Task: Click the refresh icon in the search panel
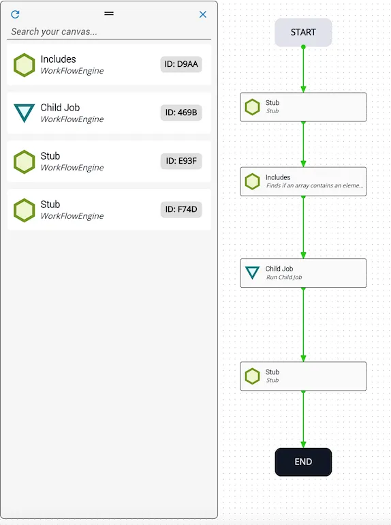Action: click(15, 14)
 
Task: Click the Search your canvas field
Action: click(109, 32)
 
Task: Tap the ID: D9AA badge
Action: click(181, 64)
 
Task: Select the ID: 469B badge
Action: click(181, 112)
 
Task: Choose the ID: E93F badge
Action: click(181, 161)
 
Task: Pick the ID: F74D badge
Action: click(181, 209)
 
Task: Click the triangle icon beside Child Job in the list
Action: click(24, 112)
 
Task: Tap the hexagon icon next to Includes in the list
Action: click(24, 65)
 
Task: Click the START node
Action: click(303, 32)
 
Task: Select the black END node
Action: click(303, 462)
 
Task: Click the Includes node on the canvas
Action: click(303, 181)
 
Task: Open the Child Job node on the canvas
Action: click(303, 273)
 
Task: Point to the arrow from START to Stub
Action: click(303, 70)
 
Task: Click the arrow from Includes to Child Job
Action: click(303, 227)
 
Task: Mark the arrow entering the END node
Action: click(303, 419)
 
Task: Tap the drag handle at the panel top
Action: click(109, 14)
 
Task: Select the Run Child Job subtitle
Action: click(284, 277)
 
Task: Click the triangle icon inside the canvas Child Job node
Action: click(252, 272)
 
